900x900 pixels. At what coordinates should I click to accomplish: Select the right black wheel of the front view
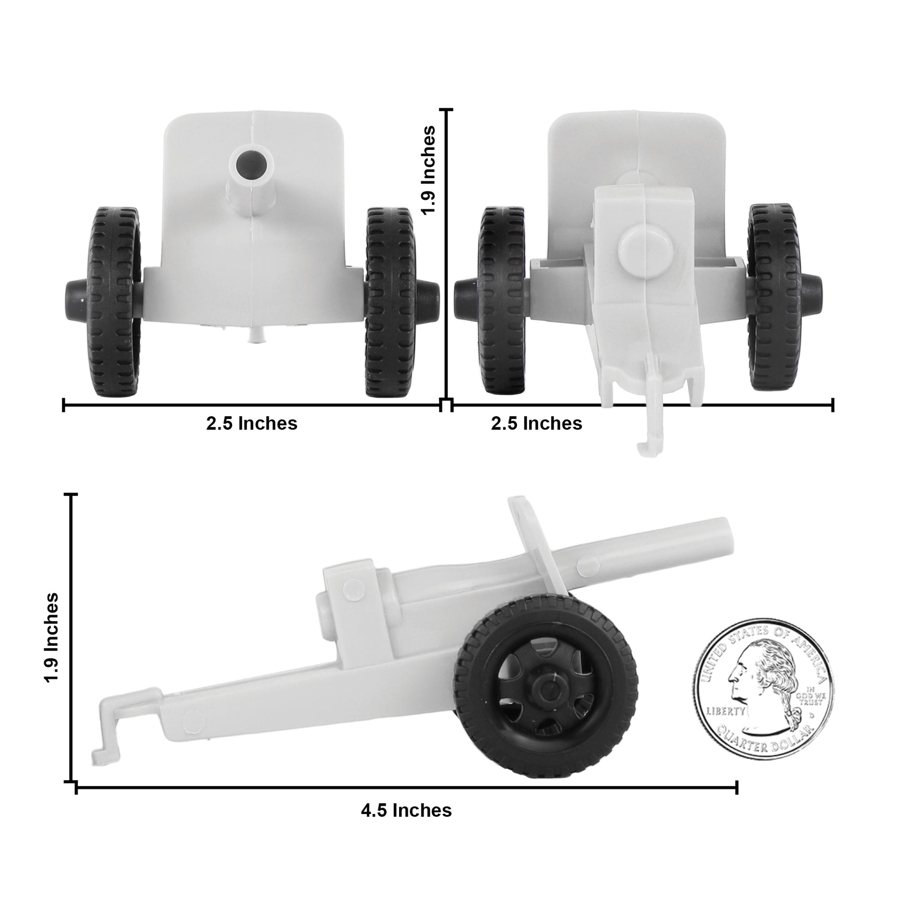[x=389, y=302]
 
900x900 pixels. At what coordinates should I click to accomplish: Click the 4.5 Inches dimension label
[x=406, y=810]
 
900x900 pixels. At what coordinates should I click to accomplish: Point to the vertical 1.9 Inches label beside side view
[x=52, y=637]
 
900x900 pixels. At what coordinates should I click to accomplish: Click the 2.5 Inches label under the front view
[x=252, y=424]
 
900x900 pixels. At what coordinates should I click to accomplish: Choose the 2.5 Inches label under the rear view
[x=536, y=424]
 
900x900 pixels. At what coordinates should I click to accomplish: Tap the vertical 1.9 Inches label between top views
[x=428, y=170]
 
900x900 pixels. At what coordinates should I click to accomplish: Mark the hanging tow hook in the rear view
[x=650, y=443]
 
